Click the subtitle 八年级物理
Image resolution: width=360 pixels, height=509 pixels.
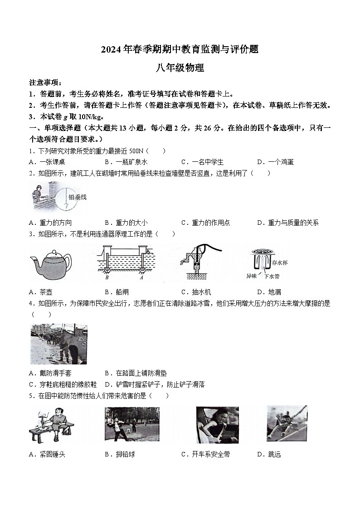(180, 68)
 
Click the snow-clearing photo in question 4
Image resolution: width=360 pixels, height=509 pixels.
(58, 344)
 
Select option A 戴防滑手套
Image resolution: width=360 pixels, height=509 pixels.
(50, 373)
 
